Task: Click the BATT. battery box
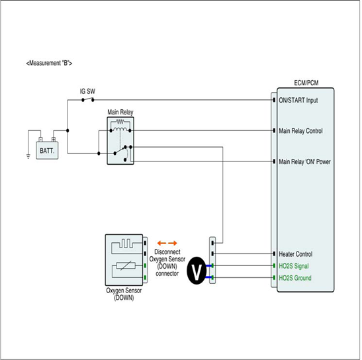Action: [x=47, y=150]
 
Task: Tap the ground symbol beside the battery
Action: [x=28, y=156]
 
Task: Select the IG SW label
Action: [x=87, y=91]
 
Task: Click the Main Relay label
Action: [x=120, y=112]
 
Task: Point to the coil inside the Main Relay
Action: [x=120, y=129]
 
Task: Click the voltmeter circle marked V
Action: [x=197, y=271]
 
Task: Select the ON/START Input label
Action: [x=298, y=100]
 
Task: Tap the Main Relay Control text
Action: [x=300, y=131]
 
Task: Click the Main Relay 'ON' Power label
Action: [x=304, y=161]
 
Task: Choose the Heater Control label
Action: [x=296, y=254]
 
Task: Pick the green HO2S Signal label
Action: [x=294, y=266]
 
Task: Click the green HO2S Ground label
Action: [x=295, y=278]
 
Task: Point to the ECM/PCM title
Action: [x=306, y=83]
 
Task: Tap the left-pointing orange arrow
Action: [x=161, y=243]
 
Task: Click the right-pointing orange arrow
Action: [x=173, y=243]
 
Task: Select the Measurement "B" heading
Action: [x=49, y=63]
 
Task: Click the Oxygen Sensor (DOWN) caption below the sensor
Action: [x=124, y=294]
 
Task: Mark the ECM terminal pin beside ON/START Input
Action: [x=274, y=100]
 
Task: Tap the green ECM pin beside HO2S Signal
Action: [x=274, y=266]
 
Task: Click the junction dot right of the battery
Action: [x=68, y=131]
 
